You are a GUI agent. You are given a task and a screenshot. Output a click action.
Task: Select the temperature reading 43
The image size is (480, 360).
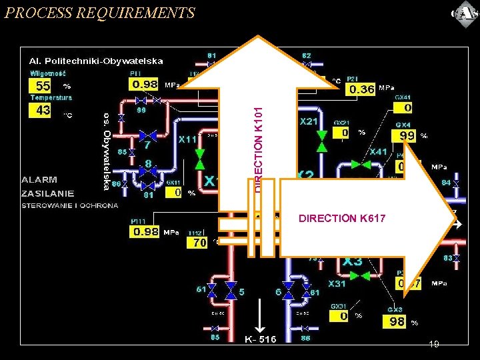(x=43, y=110)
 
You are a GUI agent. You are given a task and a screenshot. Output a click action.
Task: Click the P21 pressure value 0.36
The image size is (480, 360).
(x=361, y=89)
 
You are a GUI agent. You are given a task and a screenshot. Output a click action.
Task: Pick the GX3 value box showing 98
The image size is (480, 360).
(x=397, y=321)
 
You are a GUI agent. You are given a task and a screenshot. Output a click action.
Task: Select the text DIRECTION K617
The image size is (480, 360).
(x=342, y=218)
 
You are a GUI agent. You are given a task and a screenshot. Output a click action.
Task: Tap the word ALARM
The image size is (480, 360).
(x=39, y=180)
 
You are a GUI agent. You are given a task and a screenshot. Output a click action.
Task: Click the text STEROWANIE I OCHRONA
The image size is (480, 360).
(x=70, y=205)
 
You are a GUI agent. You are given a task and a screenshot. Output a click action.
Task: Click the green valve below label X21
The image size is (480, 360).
(x=322, y=141)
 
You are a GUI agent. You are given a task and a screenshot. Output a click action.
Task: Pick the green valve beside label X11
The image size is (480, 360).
(x=199, y=159)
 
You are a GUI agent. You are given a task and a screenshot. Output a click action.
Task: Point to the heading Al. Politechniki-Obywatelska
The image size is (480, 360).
(x=95, y=61)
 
